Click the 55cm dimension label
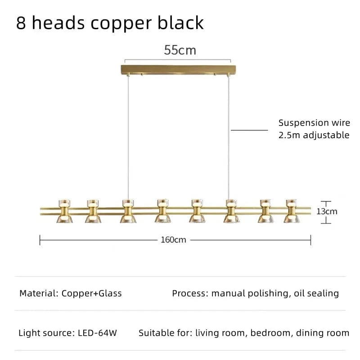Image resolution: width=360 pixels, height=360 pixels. (180, 50)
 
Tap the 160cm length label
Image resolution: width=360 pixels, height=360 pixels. (173, 240)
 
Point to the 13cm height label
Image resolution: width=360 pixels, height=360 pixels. (327, 211)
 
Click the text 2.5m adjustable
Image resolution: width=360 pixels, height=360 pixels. (314, 135)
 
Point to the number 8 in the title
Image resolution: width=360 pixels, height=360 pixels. (21, 22)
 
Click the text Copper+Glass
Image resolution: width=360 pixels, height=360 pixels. (91, 293)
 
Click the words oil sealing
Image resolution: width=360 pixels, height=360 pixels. (316, 293)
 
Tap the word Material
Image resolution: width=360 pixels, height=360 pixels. (37, 293)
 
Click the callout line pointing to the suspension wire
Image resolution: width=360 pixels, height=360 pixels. (250, 130)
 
